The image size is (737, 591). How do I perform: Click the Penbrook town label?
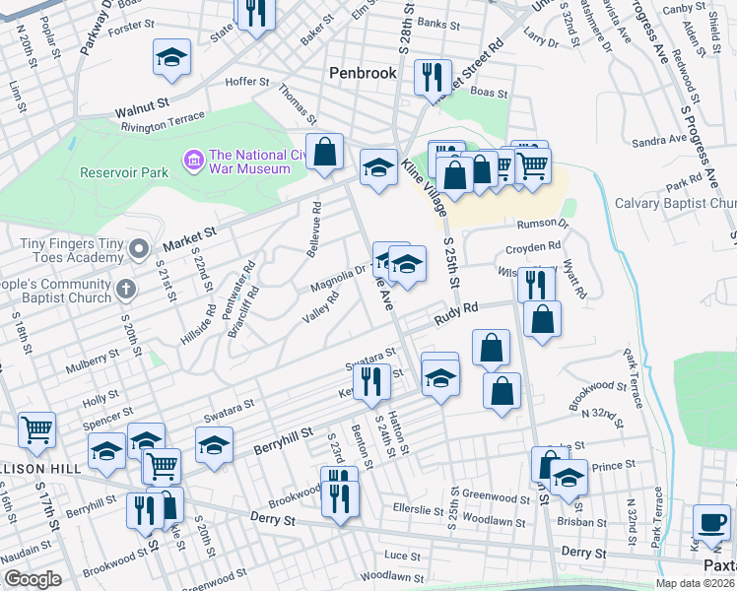362,73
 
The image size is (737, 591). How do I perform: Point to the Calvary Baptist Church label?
675,203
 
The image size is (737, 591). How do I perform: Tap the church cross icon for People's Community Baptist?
125,289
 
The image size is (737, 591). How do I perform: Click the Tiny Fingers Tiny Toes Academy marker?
139,247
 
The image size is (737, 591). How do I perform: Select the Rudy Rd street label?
458,313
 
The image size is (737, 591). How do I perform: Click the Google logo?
32,578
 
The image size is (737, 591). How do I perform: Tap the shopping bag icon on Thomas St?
324,152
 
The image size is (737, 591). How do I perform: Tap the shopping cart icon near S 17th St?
36,428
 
